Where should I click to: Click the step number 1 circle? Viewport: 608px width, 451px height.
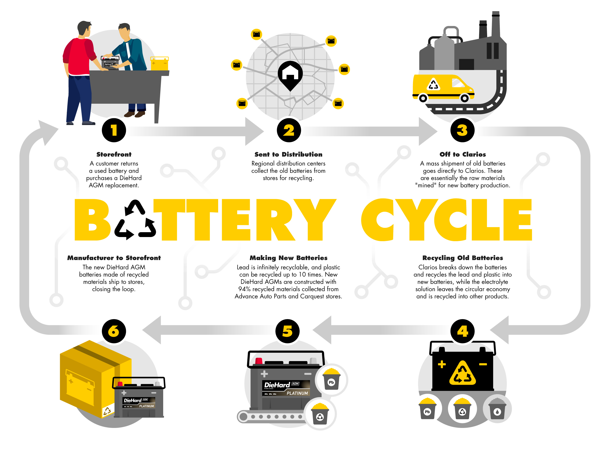coord(114,130)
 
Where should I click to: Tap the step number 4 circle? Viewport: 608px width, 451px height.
coord(462,331)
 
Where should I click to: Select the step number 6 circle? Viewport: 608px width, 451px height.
coord(114,331)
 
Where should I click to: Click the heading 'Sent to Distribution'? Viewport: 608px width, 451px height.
coord(288,154)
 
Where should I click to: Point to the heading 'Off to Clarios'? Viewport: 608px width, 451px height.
coord(462,154)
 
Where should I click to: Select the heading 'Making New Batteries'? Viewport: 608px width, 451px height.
coord(288,258)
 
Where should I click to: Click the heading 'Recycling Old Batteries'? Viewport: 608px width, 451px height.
coord(462,258)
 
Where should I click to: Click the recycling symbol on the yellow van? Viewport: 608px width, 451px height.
coord(433,85)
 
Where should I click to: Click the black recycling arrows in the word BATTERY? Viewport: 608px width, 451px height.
coord(135,220)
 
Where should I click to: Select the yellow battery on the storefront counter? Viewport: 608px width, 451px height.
coord(159,63)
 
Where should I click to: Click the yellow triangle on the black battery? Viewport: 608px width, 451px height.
coord(462,374)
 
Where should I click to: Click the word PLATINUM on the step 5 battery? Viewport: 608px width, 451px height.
coord(297,393)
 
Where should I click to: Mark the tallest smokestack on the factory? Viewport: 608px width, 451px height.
coord(495,25)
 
